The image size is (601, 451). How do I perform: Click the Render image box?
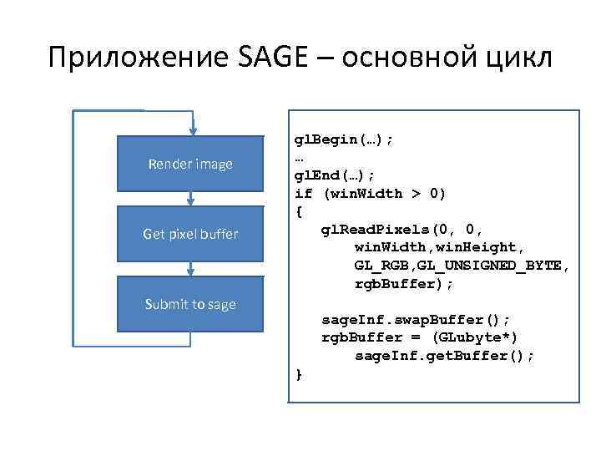[x=190, y=164]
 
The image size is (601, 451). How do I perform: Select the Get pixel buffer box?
[x=190, y=234]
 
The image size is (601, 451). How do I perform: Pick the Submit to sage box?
[x=190, y=304]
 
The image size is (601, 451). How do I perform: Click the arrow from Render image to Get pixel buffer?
[x=191, y=199]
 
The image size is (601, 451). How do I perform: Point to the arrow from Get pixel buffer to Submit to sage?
[x=191, y=269]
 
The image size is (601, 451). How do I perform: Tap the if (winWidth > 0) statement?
[x=371, y=194]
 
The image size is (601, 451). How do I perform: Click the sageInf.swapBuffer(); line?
[x=416, y=320]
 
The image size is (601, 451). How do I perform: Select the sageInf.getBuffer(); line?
[x=444, y=356]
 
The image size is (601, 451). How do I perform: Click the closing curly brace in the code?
[x=299, y=374]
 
